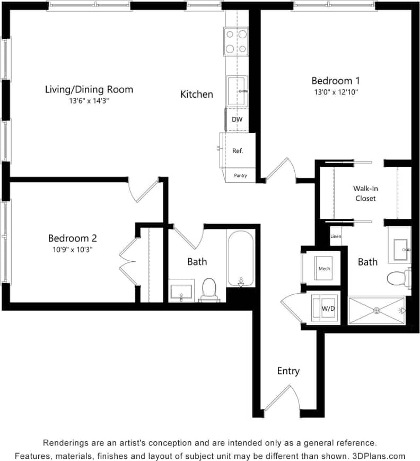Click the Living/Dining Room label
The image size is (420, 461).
(x=89, y=89)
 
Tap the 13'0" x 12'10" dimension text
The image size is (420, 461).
(x=335, y=92)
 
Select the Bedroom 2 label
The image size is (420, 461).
(x=72, y=238)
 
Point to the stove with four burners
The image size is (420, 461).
(x=237, y=41)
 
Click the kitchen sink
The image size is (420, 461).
(x=237, y=91)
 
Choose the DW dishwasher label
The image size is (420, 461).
(x=237, y=119)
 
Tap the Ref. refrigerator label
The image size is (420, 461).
(x=238, y=151)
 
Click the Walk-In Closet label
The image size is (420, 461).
(x=365, y=193)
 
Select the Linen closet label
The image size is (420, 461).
(x=336, y=236)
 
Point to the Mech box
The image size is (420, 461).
(x=324, y=268)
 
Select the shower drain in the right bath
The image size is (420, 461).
(x=377, y=311)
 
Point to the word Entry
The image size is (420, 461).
(x=288, y=371)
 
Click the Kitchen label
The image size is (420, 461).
(x=197, y=95)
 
